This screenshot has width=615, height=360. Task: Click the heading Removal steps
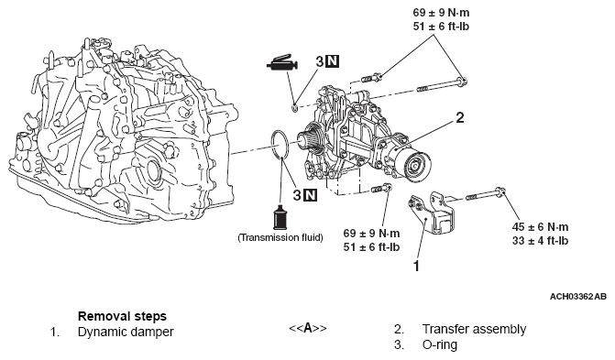(x=116, y=313)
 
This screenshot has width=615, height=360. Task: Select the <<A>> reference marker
(x=308, y=328)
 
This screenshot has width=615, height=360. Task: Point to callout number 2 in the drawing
(x=460, y=118)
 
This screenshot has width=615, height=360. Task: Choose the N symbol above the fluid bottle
(x=311, y=194)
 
